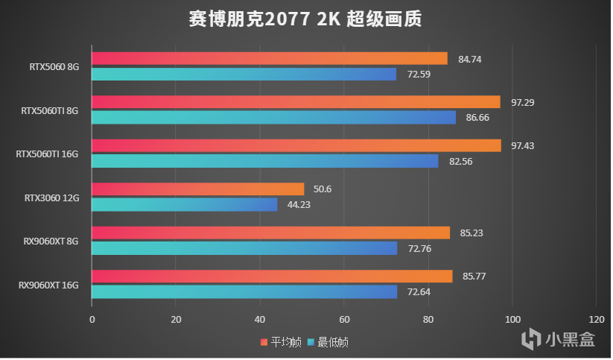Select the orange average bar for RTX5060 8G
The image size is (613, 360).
tap(269, 58)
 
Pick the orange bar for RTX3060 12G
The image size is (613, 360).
tap(197, 189)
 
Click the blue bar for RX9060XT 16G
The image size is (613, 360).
tap(244, 291)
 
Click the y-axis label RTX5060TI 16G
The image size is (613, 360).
tap(47, 154)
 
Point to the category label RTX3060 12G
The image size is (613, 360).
tap(51, 198)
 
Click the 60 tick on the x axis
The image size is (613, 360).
tap(343, 319)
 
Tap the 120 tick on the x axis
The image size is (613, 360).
tap(596, 319)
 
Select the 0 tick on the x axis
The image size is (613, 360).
tap(92, 319)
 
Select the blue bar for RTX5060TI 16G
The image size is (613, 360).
tap(264, 161)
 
